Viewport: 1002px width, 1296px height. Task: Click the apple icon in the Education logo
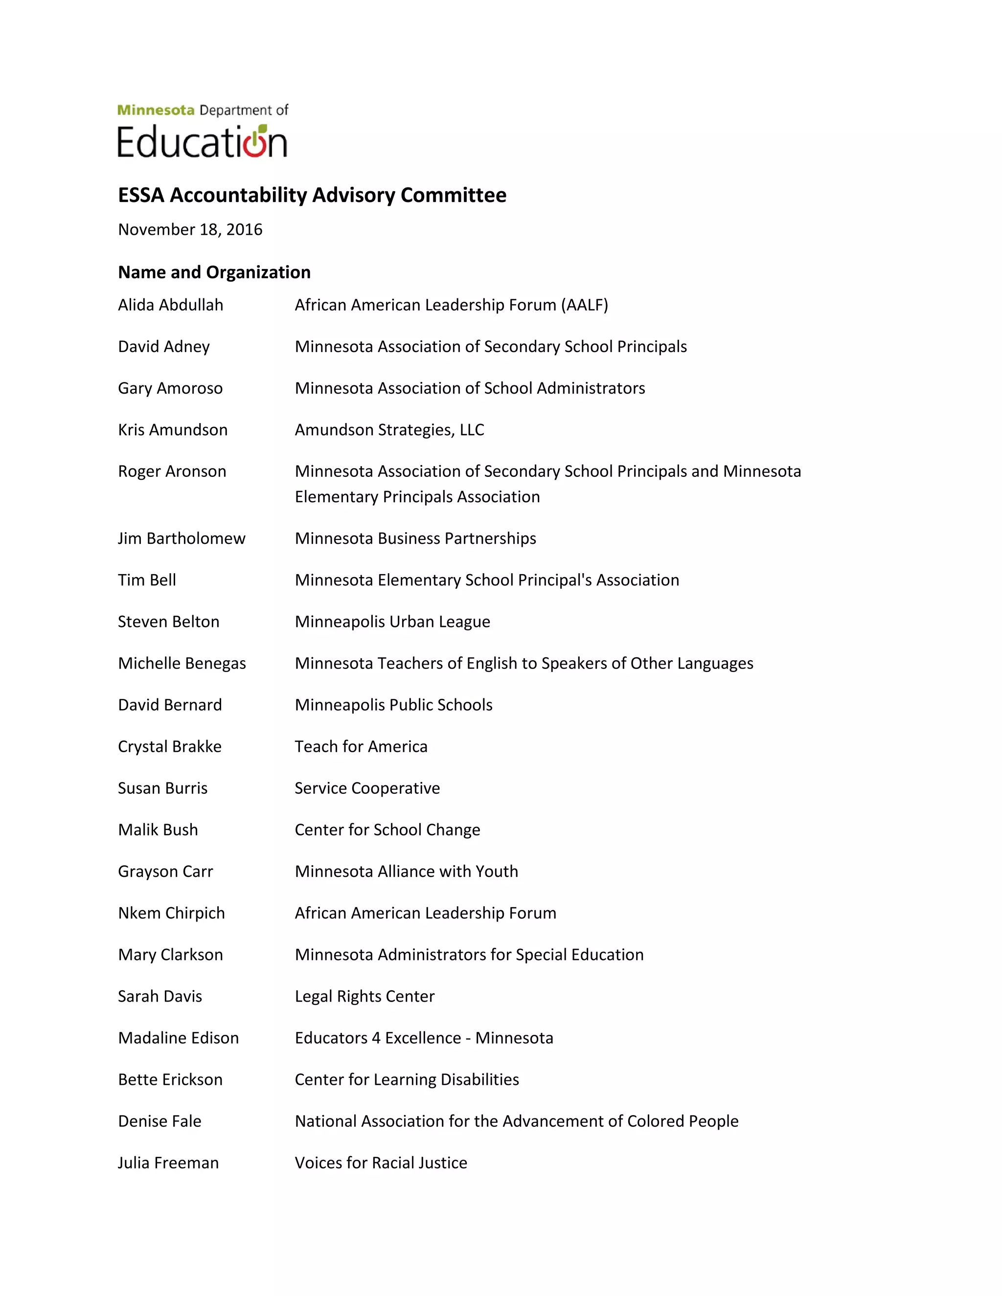coord(255,142)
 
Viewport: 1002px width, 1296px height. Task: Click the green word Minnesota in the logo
coord(156,111)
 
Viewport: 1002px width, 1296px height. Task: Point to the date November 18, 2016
coord(190,230)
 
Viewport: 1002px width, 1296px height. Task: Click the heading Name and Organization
coord(214,272)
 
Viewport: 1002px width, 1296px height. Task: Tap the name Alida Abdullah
coord(170,305)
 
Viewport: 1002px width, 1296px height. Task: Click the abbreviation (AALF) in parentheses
coord(585,305)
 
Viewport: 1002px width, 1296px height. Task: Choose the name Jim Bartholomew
coord(181,538)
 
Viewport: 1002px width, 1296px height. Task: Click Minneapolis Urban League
coord(392,622)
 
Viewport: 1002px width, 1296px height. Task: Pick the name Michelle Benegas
coord(182,664)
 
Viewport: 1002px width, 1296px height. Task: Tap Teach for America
coord(361,746)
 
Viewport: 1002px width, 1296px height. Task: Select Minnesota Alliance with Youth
coord(406,871)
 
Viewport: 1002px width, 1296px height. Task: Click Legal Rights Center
coord(364,996)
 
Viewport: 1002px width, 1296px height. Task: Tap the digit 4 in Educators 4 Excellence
coord(376,1038)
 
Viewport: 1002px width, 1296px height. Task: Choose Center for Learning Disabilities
coord(407,1079)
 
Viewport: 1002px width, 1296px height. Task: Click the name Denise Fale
coord(159,1121)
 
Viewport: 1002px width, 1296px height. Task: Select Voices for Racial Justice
coord(381,1162)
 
